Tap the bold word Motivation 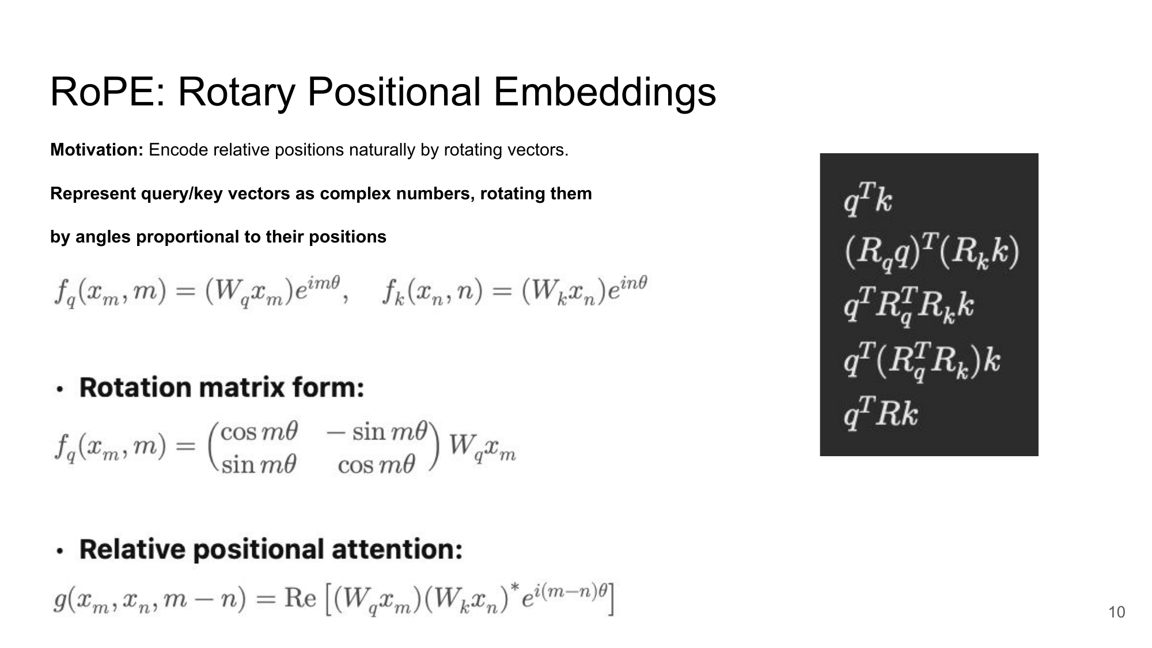tap(96, 150)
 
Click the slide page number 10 tap(1116, 612)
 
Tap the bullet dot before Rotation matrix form tap(60, 389)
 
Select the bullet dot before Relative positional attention tap(60, 551)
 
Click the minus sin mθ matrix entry tap(377, 431)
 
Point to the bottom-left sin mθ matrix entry tap(259, 464)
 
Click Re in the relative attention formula tap(300, 598)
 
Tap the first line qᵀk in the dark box tap(867, 199)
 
